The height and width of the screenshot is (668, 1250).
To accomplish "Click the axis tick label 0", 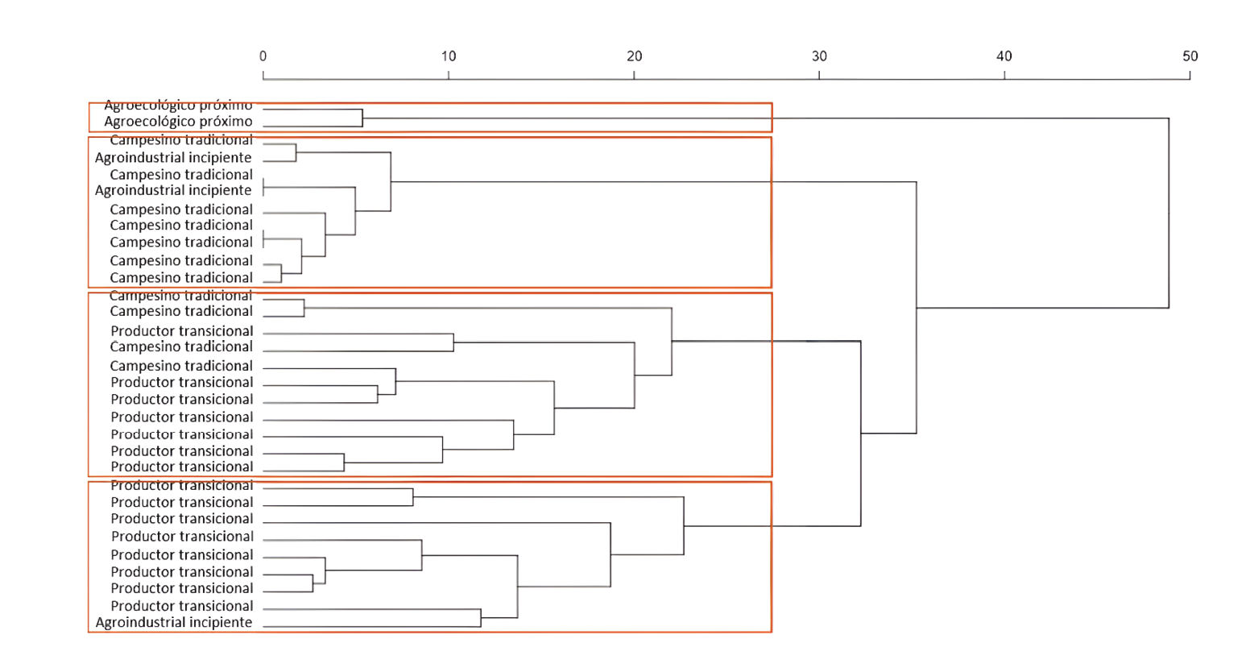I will pyautogui.click(x=263, y=56).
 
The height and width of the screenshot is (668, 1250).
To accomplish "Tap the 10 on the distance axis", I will pyautogui.click(x=449, y=56).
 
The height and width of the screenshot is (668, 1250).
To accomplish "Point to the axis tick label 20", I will pyautogui.click(x=635, y=56).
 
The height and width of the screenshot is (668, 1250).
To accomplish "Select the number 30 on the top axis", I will pyautogui.click(x=819, y=56).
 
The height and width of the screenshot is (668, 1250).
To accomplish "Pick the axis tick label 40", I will pyautogui.click(x=1004, y=56).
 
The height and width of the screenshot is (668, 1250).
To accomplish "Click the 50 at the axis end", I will pyautogui.click(x=1190, y=56).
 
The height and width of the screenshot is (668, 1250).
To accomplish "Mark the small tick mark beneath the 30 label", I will pyautogui.click(x=819, y=76).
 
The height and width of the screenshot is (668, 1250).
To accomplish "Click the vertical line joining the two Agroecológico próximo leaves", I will pyautogui.click(x=362, y=118).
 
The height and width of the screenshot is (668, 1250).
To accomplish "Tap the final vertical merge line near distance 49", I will pyautogui.click(x=1169, y=214).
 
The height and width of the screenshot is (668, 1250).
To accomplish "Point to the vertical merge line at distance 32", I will pyautogui.click(x=861, y=434).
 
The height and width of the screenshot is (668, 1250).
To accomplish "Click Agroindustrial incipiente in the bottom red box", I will pyautogui.click(x=174, y=622).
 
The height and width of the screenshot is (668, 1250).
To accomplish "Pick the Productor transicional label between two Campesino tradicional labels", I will pyautogui.click(x=182, y=331).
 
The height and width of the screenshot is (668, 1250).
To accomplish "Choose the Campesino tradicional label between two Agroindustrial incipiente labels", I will pyautogui.click(x=181, y=174).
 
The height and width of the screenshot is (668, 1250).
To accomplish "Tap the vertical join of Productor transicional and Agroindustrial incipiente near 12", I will pyautogui.click(x=481, y=617).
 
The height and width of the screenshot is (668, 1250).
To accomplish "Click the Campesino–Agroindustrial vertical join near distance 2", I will pyautogui.click(x=296, y=152).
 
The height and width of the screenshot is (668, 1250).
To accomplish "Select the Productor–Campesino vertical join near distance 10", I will pyautogui.click(x=453, y=342).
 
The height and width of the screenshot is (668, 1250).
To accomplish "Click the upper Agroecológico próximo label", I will pyautogui.click(x=178, y=106).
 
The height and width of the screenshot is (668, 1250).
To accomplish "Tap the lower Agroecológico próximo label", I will pyautogui.click(x=178, y=122).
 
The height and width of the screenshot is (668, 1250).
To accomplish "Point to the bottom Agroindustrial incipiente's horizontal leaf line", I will pyautogui.click(x=370, y=626).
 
